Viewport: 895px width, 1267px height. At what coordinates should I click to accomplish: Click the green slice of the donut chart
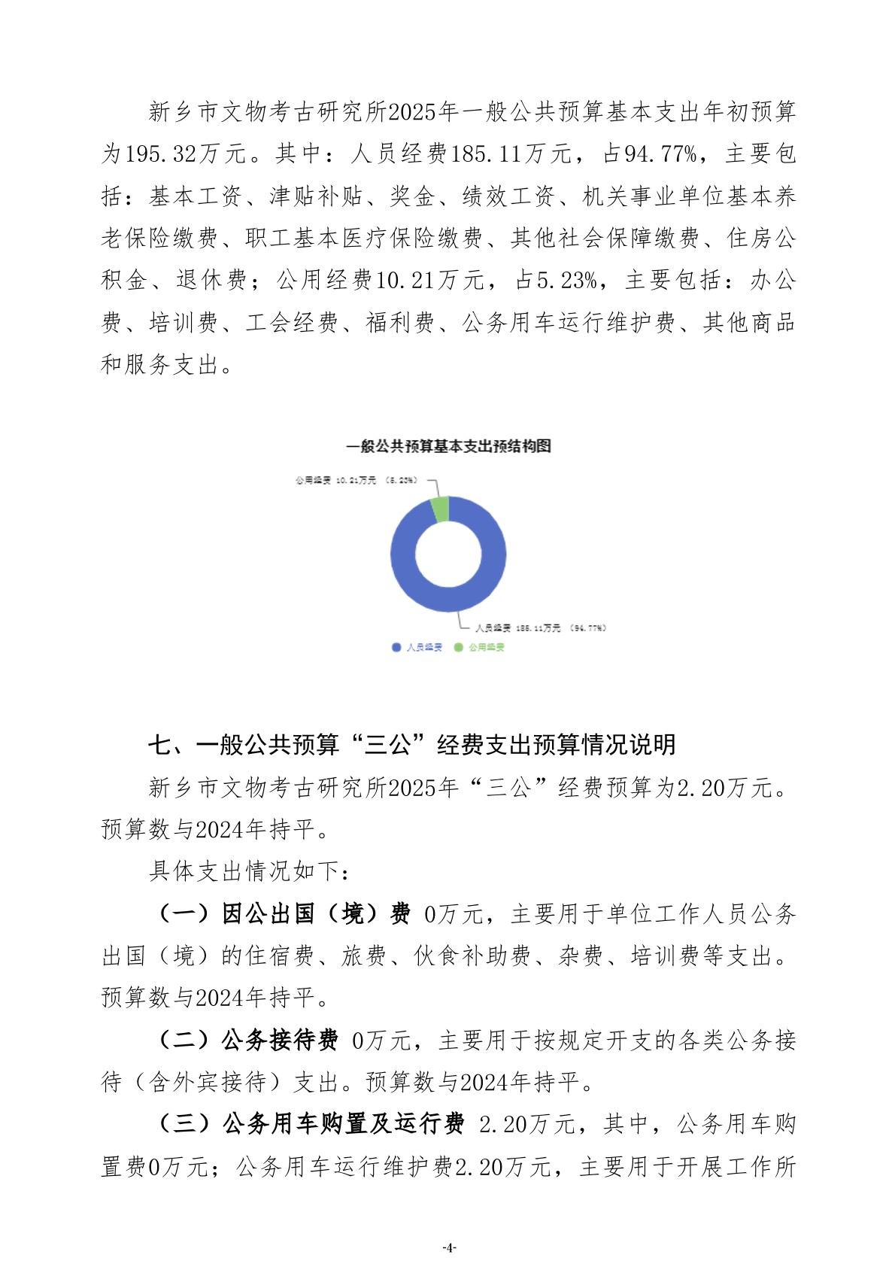(x=441, y=509)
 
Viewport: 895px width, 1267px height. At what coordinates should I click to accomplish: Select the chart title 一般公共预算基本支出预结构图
(x=448, y=446)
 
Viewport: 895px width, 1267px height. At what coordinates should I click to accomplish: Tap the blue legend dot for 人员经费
(x=396, y=647)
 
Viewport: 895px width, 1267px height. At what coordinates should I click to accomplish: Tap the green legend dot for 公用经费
(x=458, y=647)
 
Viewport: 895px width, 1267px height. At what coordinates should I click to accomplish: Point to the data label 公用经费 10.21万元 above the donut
(x=356, y=480)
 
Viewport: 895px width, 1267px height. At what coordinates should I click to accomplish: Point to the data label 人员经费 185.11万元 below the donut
(x=541, y=627)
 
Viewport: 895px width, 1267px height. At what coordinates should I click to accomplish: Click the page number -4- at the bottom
(x=449, y=1247)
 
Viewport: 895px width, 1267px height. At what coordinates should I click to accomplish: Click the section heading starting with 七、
(x=411, y=745)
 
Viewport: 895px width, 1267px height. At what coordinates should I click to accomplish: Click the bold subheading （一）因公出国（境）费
(x=284, y=913)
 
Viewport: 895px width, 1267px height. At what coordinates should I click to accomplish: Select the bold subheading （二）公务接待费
(x=248, y=1040)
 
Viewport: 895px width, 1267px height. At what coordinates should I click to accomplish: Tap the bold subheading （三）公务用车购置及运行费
(x=311, y=1124)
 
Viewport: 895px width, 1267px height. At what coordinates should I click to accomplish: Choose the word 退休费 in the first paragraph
(x=211, y=281)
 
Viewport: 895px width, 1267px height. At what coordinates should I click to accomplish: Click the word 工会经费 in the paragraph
(x=292, y=323)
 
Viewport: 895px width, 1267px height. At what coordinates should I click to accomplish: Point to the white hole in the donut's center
(x=448, y=555)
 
